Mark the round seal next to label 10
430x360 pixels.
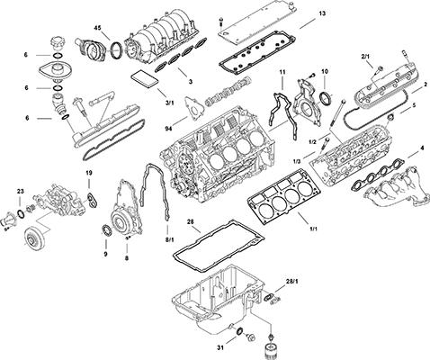321,97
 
